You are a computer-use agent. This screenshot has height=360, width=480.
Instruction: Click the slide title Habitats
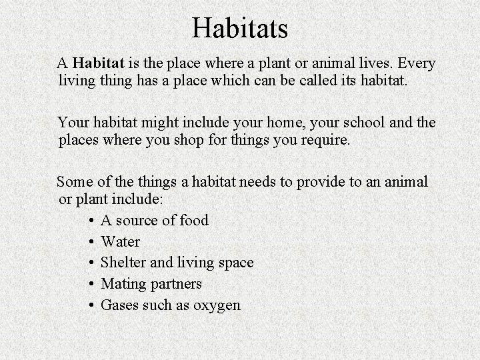point(240,28)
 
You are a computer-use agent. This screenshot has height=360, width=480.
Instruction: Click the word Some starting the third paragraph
point(74,181)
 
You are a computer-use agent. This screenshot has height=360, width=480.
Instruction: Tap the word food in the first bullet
point(193,220)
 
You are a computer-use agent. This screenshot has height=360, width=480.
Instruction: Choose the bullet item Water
point(120,241)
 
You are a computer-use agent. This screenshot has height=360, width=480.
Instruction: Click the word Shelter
point(123,263)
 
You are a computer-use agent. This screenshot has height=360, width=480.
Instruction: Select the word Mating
point(123,284)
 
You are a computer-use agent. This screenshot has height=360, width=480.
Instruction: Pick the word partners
point(176,284)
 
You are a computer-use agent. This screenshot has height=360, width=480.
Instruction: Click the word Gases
point(120,305)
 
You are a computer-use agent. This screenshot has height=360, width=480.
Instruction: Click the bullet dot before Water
point(89,241)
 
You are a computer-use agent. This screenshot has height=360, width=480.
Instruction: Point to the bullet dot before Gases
point(89,305)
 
